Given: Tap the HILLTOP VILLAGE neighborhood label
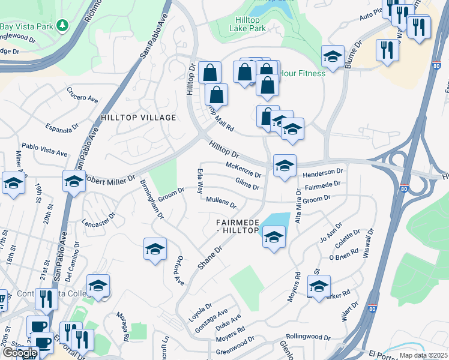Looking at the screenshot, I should click(x=138, y=118).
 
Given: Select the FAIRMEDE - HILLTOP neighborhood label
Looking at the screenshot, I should click(x=238, y=226).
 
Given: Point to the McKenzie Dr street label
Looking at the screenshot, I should click(x=243, y=170).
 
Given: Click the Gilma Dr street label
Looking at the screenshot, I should click(x=247, y=184).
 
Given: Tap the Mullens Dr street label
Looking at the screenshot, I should click(x=221, y=202).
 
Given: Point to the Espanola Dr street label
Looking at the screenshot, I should click(x=62, y=127).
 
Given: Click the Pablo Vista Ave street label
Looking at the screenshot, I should click(x=44, y=149).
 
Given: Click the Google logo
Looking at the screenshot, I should click(x=19, y=353).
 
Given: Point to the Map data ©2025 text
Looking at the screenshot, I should click(x=423, y=355).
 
